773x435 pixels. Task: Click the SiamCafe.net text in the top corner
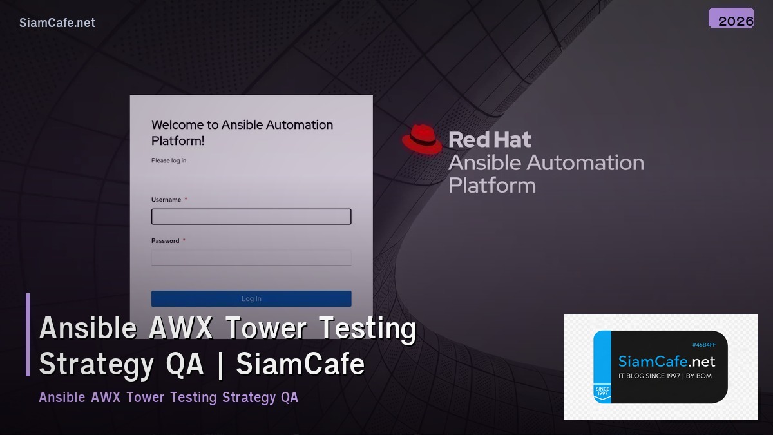[x=57, y=23]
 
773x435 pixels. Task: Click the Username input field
[x=251, y=217]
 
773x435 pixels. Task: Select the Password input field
[x=251, y=258]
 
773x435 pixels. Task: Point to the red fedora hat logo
[x=422, y=139]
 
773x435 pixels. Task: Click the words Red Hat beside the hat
[x=490, y=140]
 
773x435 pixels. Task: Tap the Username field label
[x=166, y=200]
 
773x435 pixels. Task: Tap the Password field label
[x=166, y=241]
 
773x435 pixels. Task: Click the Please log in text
[x=169, y=160]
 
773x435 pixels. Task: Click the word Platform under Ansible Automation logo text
[x=492, y=186]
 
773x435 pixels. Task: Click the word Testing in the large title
[x=368, y=329]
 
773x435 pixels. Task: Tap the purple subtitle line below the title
[x=169, y=397]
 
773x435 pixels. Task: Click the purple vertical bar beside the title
[x=28, y=334]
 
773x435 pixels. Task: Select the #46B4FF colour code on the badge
[x=704, y=345]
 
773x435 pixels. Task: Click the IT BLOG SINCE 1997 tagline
[x=665, y=376]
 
